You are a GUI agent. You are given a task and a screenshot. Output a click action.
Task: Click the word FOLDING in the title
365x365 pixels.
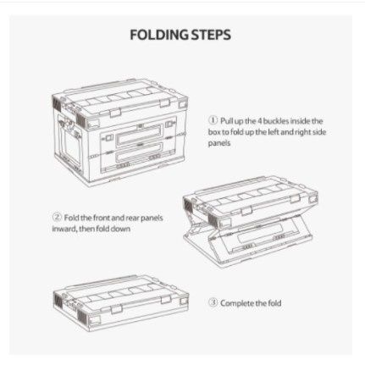point(159,35)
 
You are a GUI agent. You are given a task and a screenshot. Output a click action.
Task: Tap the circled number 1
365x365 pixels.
point(213,120)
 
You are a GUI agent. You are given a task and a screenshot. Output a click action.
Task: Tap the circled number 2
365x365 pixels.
point(57,217)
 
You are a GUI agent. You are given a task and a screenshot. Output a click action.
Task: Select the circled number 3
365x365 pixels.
point(213,302)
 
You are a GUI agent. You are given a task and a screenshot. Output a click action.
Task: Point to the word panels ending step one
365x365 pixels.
point(219,143)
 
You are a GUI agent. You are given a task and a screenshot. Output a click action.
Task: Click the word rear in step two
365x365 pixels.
point(132,218)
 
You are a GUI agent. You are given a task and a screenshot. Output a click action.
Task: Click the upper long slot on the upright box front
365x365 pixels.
point(140,135)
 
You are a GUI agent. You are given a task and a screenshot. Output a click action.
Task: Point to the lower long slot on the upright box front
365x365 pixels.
point(140,152)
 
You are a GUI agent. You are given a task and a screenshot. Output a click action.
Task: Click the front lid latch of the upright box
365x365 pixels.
point(115,113)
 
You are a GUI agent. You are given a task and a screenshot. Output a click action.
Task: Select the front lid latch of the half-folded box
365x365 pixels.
point(246,211)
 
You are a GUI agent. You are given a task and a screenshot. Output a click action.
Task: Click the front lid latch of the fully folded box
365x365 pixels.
point(115,309)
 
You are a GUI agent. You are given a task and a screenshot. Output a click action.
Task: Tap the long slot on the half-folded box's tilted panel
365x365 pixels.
point(261,233)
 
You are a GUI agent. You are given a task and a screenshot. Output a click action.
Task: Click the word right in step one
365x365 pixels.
point(302,132)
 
